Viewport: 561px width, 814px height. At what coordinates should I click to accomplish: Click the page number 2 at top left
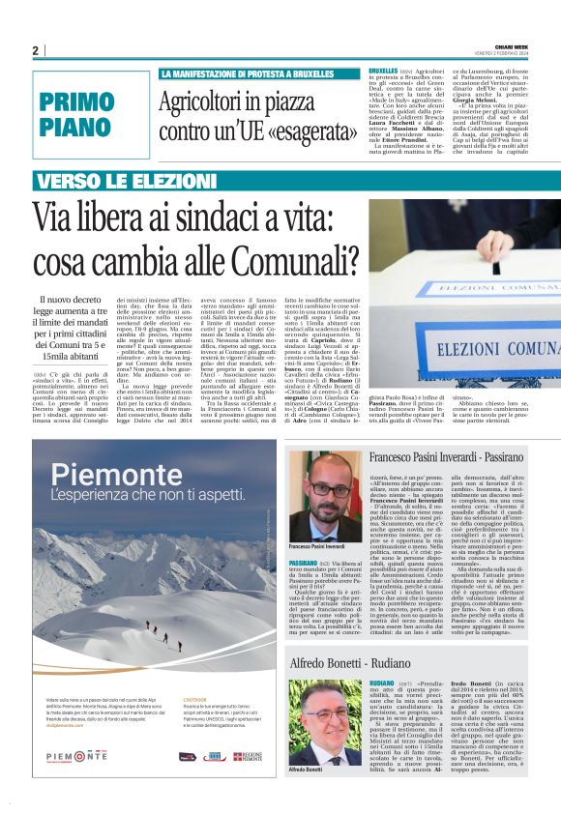pyautogui.click(x=36, y=50)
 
